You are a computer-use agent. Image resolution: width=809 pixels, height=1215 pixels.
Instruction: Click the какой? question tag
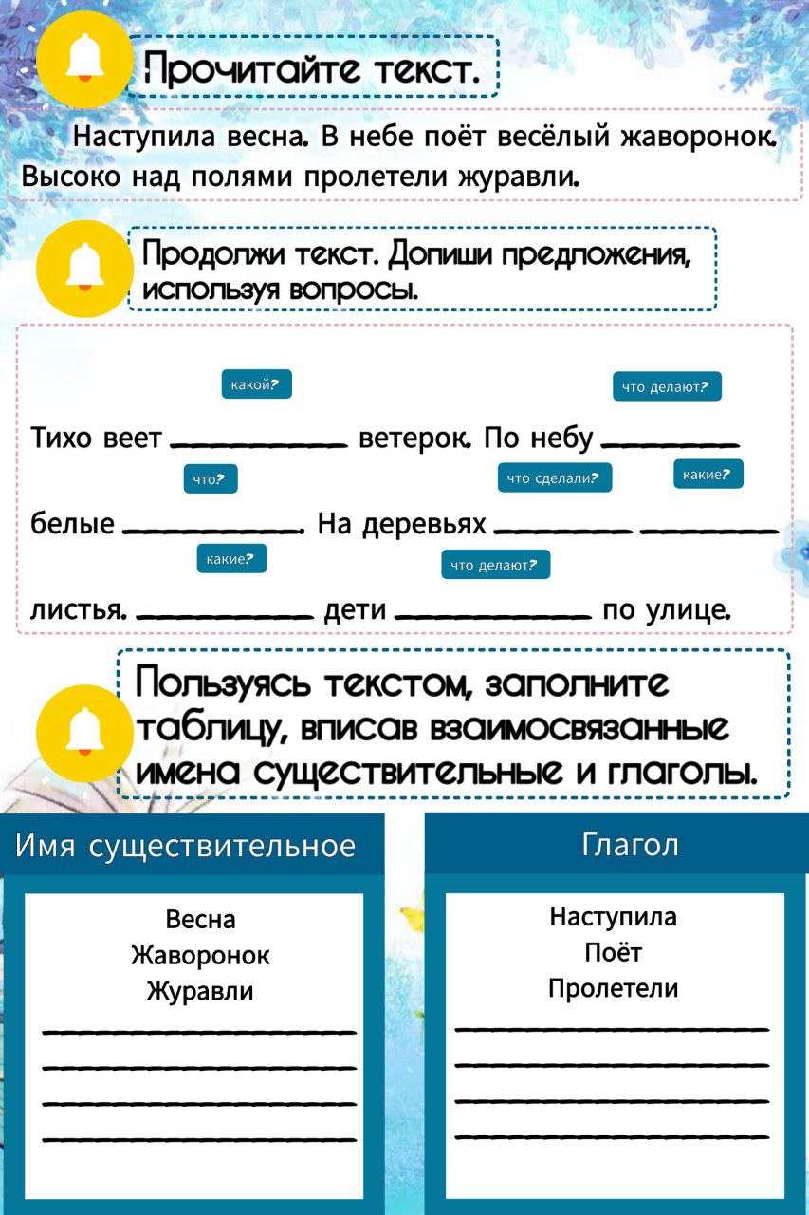(256, 384)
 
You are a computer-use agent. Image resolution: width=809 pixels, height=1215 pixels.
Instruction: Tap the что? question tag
(210, 479)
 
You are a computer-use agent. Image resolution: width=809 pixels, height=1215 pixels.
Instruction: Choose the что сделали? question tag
(555, 478)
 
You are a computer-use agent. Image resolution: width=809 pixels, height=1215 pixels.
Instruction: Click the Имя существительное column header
(185, 845)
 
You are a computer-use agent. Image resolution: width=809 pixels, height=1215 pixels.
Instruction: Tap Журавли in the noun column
(200, 992)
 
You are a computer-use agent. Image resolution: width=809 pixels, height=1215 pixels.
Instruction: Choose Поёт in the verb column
(613, 952)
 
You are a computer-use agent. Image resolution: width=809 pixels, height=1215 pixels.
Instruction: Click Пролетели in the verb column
(613, 989)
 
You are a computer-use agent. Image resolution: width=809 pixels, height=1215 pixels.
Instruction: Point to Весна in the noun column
(200, 919)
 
